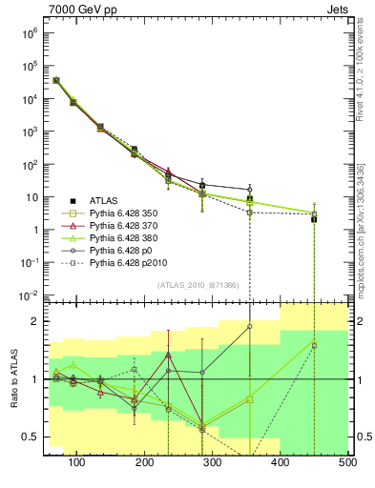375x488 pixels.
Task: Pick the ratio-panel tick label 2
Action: click(x=35, y=321)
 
